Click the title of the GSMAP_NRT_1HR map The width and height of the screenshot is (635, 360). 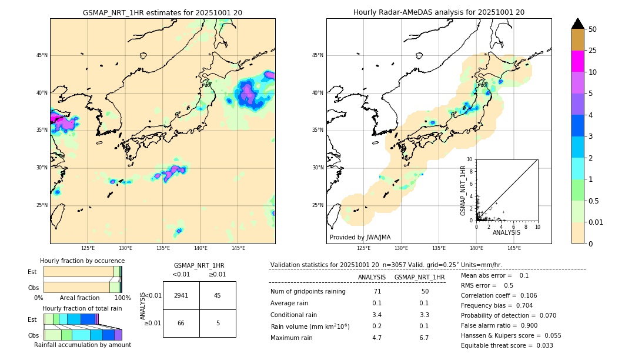[162, 12]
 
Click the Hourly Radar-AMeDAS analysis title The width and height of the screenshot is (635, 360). [439, 12]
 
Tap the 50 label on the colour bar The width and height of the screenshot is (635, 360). [593, 29]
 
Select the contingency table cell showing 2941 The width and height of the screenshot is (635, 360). [181, 295]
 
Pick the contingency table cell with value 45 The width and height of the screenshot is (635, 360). [218, 295]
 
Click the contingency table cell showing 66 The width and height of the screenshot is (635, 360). [181, 323]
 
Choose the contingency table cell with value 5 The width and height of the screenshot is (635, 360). [218, 323]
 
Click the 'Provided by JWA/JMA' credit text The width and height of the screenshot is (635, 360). [360, 238]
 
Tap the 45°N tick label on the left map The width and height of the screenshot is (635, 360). [42, 55]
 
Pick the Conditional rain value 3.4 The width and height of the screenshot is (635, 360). [377, 315]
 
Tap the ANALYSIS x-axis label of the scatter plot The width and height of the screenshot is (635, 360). [506, 232]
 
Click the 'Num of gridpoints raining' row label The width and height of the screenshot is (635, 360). [308, 292]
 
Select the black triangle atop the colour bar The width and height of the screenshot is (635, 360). [578, 24]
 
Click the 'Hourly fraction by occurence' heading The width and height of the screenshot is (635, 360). [82, 261]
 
